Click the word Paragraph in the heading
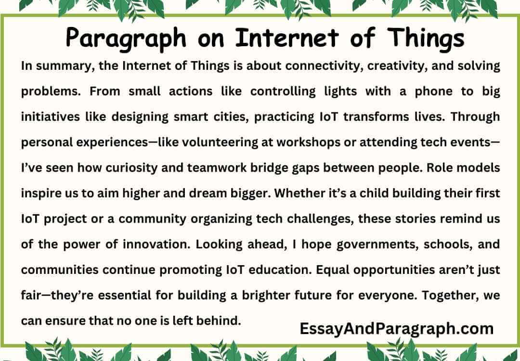point(123,38)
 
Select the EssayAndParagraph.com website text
point(396,329)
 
